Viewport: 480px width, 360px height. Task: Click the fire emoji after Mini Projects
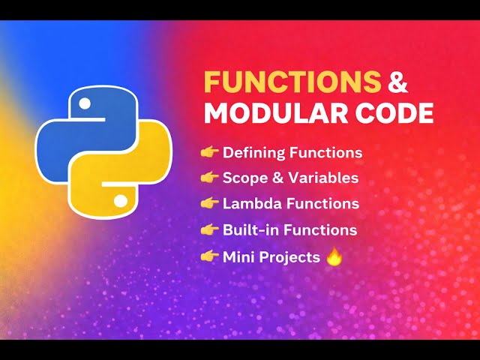tap(334, 256)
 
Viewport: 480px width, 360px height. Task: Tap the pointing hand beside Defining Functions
tap(209, 153)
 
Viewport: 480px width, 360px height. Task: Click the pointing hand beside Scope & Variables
tap(209, 178)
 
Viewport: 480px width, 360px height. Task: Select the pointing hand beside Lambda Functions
tap(209, 204)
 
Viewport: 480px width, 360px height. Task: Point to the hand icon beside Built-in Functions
tap(209, 229)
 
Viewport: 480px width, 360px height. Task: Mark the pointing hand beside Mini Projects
tap(209, 256)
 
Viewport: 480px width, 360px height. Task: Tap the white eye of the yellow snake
tap(119, 201)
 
